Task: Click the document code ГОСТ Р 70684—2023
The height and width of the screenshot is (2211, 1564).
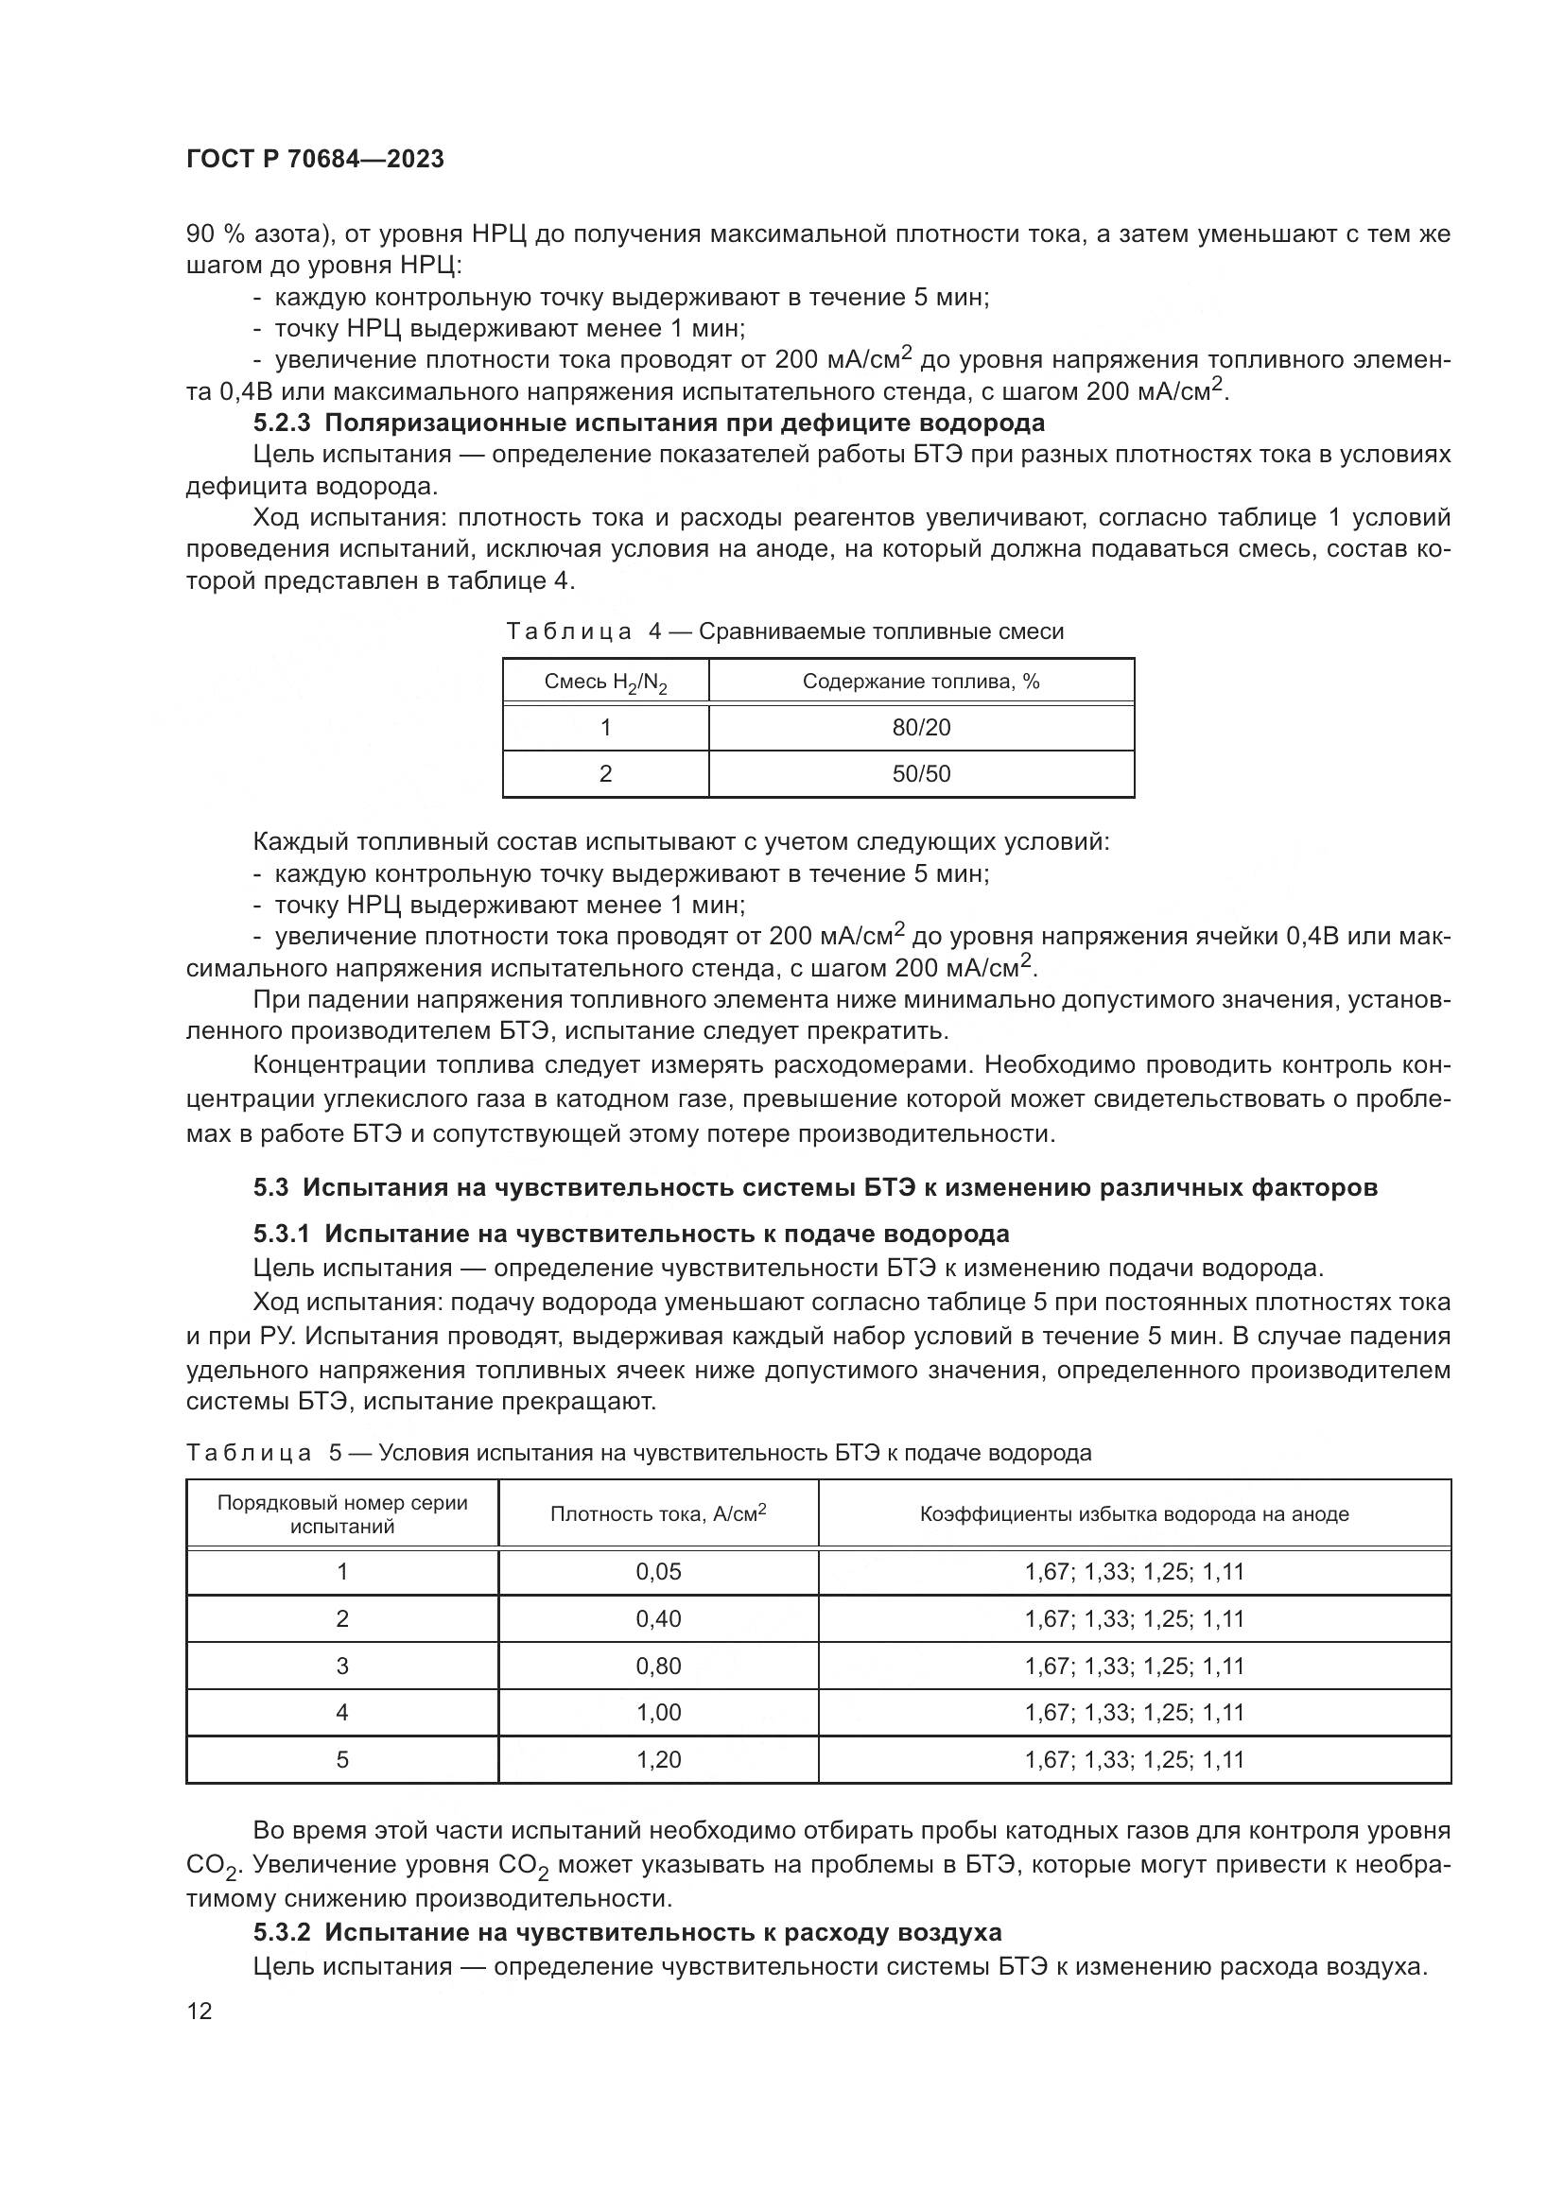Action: tap(315, 160)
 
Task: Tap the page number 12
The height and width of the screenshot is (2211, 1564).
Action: tap(200, 2011)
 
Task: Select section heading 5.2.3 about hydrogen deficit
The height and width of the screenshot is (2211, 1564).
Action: tap(649, 423)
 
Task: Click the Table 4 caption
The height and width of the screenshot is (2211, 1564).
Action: tap(785, 631)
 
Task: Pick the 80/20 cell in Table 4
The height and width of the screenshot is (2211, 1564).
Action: tap(921, 728)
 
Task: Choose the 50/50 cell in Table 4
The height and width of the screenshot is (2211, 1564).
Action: tap(921, 774)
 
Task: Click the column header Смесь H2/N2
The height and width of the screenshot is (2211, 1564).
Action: tap(606, 682)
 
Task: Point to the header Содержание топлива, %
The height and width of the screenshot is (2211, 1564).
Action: tap(921, 682)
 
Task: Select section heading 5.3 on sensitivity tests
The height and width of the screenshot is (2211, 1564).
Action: tap(815, 1187)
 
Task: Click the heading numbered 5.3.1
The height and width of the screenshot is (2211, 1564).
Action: tap(631, 1234)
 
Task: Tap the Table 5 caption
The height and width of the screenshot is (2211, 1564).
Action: tap(638, 1452)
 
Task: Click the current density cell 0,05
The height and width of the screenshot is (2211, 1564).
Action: tap(658, 1572)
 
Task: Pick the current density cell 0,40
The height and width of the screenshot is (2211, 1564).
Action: tap(658, 1618)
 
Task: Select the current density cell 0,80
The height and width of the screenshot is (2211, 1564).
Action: tap(658, 1666)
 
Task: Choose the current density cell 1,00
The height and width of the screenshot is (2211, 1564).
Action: tap(658, 1712)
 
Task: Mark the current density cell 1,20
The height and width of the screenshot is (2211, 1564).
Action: tap(658, 1759)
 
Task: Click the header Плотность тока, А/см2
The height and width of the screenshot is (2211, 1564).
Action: tap(658, 1513)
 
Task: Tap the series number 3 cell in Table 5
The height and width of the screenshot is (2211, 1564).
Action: tap(342, 1666)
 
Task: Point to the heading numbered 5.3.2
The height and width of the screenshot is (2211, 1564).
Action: tap(627, 1932)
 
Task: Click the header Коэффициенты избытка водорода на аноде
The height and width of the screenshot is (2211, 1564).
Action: tap(1134, 1513)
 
